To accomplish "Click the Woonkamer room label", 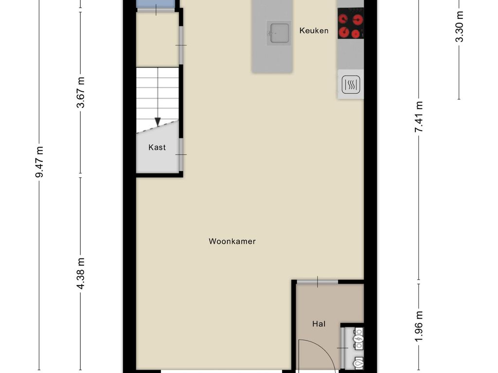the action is [x=232, y=241].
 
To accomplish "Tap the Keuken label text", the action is [x=314, y=31].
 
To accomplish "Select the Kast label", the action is [x=157, y=147].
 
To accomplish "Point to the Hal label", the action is [x=319, y=324].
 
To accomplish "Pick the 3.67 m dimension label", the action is [x=81, y=92].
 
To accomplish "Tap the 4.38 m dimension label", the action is [x=81, y=273].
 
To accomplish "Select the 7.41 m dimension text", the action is [x=419, y=117].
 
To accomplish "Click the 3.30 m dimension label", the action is [x=459, y=26].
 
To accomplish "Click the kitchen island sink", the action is [x=279, y=33].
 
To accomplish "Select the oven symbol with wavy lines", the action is [x=351, y=85].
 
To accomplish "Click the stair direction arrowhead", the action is [x=158, y=122].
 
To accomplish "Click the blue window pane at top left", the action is [x=156, y=4].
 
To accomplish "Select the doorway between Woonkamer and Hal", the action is [x=317, y=282].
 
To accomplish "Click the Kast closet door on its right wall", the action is [x=181, y=155].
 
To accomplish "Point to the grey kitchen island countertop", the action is [x=272, y=36].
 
